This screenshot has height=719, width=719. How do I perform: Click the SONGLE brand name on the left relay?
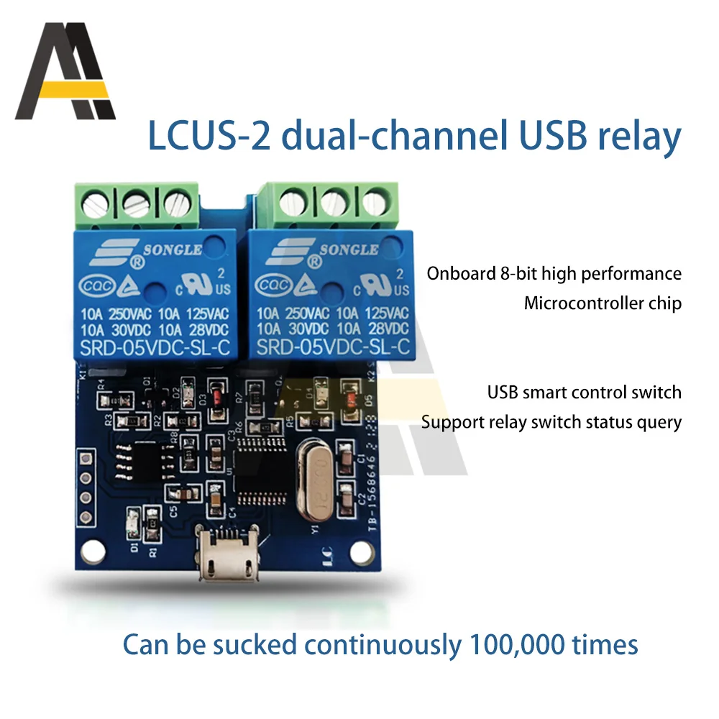tap(173, 249)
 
